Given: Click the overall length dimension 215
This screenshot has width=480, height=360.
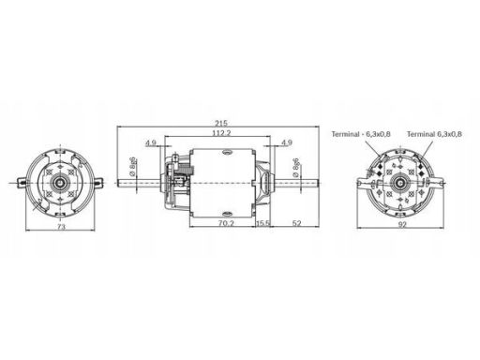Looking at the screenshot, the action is (221, 123).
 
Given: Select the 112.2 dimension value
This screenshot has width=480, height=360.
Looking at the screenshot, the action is (221, 133).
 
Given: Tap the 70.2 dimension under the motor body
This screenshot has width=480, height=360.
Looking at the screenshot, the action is (226, 223).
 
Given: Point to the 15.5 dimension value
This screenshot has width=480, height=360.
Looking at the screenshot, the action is (263, 223).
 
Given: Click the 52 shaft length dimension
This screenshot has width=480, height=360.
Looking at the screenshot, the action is (296, 223).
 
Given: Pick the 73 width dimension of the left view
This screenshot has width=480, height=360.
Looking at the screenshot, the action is (61, 227).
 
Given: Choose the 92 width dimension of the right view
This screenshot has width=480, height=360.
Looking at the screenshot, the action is (402, 224).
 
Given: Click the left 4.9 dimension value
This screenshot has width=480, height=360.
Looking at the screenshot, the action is (151, 142).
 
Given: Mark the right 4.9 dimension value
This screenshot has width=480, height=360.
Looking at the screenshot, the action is (287, 142).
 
